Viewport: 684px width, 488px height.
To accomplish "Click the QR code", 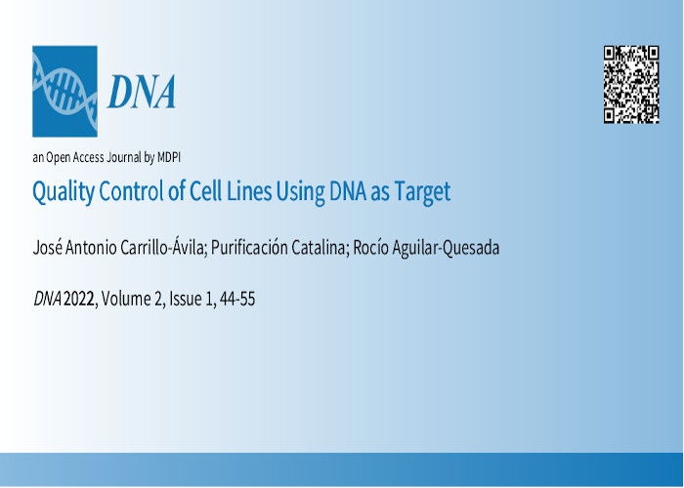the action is tap(631, 85).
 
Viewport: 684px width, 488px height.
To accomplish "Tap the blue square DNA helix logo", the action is tap(65, 91).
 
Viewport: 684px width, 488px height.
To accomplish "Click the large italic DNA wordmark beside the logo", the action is tap(142, 92).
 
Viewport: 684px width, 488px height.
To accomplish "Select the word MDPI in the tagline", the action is tap(169, 157).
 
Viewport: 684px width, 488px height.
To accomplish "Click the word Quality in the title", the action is tap(64, 192).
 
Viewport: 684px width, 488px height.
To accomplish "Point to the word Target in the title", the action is tap(422, 192).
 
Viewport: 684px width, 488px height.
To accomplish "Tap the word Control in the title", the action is tap(131, 191).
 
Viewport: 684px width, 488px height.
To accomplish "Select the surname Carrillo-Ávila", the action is tap(163, 248).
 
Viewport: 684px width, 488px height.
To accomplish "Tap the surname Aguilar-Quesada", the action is tap(446, 248).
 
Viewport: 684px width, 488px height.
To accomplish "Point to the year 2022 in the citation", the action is tap(79, 300).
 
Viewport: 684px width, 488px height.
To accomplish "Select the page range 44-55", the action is tap(237, 300).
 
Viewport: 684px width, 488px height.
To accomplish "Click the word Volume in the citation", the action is tap(126, 300).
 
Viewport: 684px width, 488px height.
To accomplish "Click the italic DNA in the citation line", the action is tap(48, 300).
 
